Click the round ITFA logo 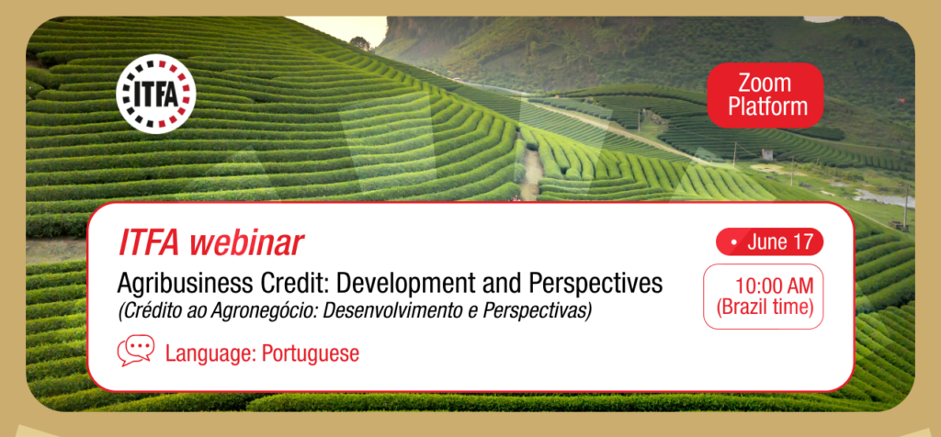(156, 94)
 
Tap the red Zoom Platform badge (765, 95)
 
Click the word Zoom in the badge (765, 84)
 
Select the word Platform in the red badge (765, 107)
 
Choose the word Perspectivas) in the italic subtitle (529, 312)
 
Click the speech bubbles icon (136, 350)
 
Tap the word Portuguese (311, 353)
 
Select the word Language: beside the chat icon (210, 353)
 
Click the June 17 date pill (769, 242)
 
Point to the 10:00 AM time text (773, 286)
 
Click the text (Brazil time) (765, 308)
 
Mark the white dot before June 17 (734, 243)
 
